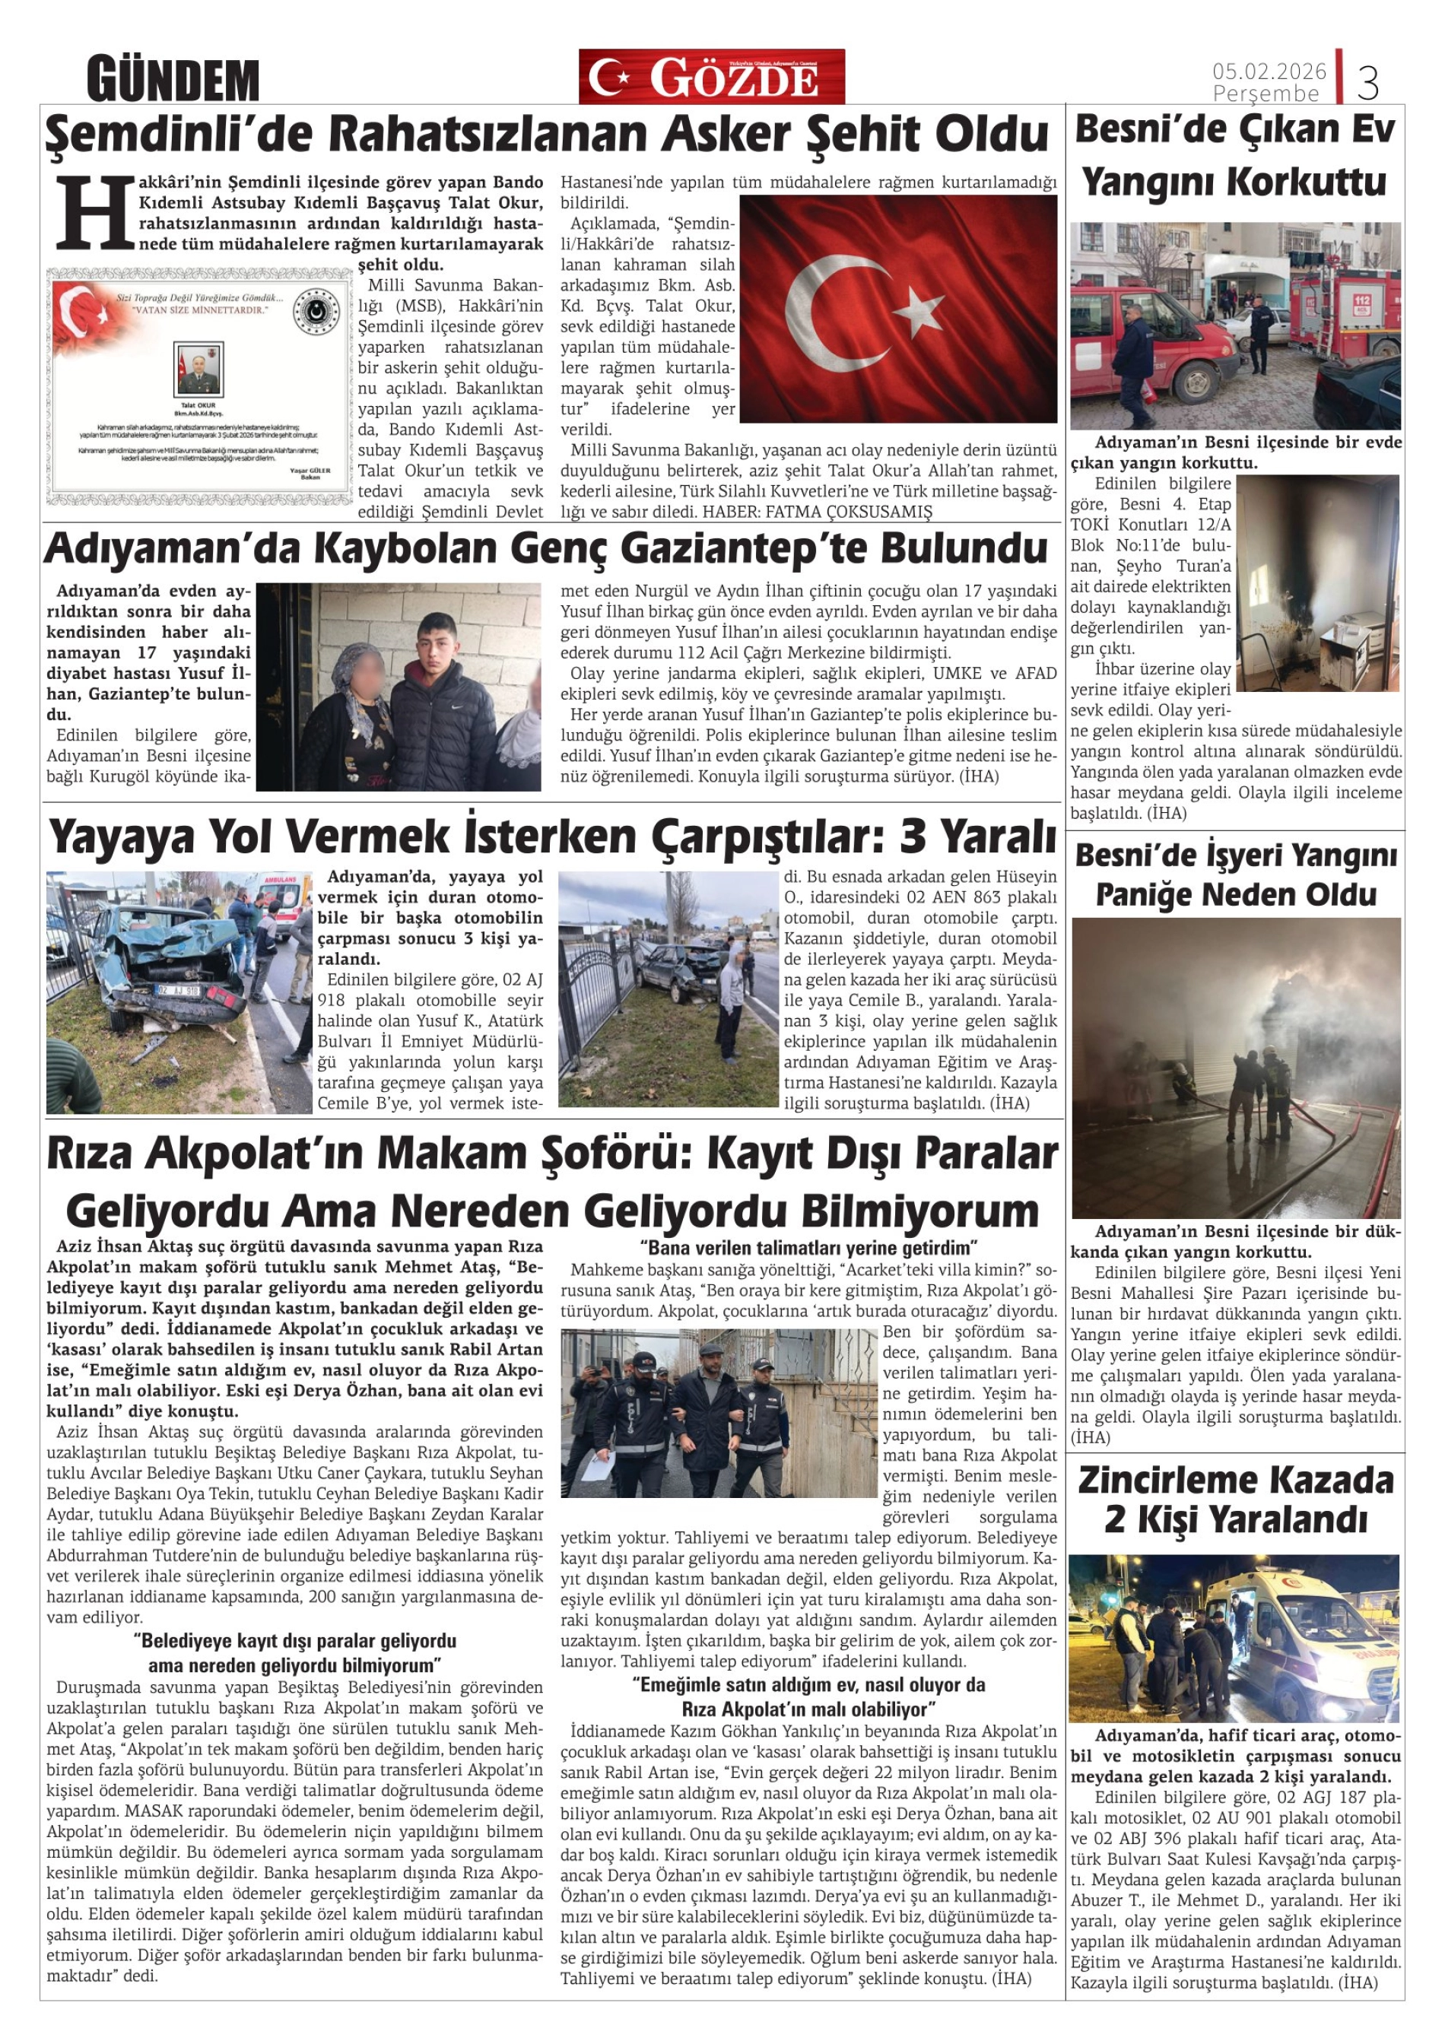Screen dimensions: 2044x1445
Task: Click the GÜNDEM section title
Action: coord(173,80)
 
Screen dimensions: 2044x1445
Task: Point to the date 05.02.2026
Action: coord(1269,70)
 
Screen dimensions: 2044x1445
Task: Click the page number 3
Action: coord(1367,84)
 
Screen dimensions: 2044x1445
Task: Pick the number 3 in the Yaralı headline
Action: coord(915,836)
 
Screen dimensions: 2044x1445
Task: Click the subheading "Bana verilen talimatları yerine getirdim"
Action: coord(808,1247)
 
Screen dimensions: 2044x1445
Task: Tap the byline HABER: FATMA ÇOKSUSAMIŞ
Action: coord(818,512)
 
